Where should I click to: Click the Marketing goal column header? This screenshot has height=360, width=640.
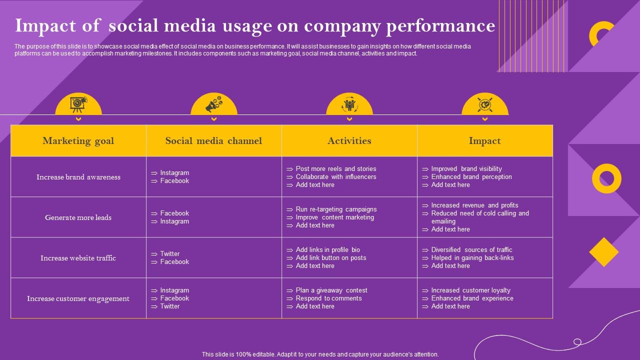[x=78, y=140]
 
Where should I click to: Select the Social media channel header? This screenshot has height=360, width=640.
[x=213, y=140]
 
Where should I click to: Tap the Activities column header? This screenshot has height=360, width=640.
[x=349, y=140]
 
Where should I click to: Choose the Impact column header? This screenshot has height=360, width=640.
[x=484, y=140]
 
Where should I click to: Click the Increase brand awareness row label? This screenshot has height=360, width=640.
[x=78, y=177]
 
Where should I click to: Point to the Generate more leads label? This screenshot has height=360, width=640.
[x=78, y=217]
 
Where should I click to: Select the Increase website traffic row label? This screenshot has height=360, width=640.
[x=78, y=258]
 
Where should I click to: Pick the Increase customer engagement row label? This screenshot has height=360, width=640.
[x=78, y=298]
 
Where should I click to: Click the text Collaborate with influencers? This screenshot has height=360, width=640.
[x=335, y=177]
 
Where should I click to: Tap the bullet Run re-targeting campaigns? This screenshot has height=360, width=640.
[x=336, y=209]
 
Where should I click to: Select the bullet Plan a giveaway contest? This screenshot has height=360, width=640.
[x=331, y=290]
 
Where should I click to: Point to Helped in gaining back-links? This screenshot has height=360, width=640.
[x=472, y=258]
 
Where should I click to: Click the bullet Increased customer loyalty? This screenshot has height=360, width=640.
[x=470, y=290]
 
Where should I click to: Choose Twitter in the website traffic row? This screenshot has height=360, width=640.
[x=169, y=254]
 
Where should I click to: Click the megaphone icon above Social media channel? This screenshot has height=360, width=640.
[x=214, y=105]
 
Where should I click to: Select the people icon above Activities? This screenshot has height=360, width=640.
[x=349, y=105]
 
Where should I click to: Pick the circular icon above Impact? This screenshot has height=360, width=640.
[x=484, y=105]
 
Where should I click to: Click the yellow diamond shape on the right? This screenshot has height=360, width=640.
[x=604, y=252]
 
